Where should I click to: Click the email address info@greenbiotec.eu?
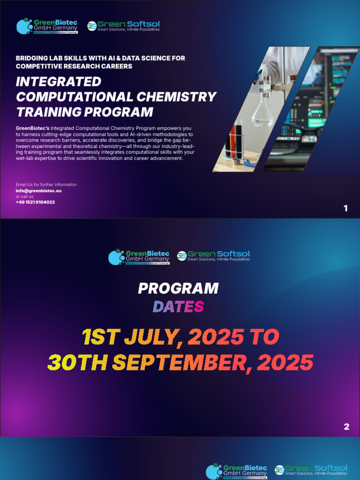pos(39,191)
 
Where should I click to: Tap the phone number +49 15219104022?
pos(35,202)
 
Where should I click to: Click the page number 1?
pos(346,209)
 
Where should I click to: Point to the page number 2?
pos(346,427)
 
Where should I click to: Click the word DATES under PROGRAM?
pos(178,307)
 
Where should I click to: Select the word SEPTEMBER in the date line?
pos(183,362)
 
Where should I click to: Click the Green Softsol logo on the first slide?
pos(123,26)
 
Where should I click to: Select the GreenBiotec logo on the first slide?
pos(47,26)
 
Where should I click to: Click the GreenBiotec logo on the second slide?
pos(139,257)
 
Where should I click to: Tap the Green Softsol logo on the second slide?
pos(213,256)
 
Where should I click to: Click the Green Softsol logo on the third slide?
pos(311,470)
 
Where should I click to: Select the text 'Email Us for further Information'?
pos(46,185)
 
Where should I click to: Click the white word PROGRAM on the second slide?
pos(178,288)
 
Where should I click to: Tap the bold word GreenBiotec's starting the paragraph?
pos(32,128)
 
